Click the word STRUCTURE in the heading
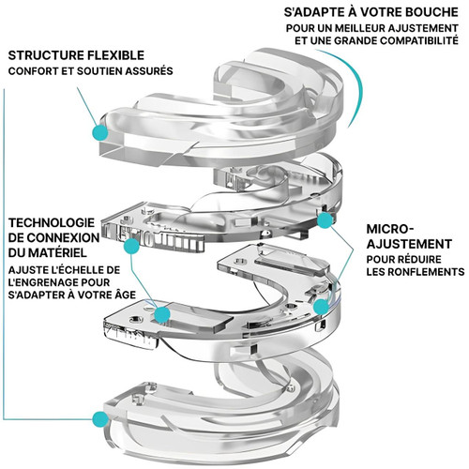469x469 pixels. tap(46, 55)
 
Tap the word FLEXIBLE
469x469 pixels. tap(116, 55)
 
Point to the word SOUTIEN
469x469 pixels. tap(99, 71)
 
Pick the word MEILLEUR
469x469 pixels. tap(359, 28)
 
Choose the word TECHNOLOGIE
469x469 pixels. tap(52, 223)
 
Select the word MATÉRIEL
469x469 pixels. tap(57, 252)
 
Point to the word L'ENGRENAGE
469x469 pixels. tap(44, 282)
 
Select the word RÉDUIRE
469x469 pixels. tap(419, 259)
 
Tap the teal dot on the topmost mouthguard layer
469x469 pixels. tap(100, 132)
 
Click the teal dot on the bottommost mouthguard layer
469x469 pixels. tap(100, 419)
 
